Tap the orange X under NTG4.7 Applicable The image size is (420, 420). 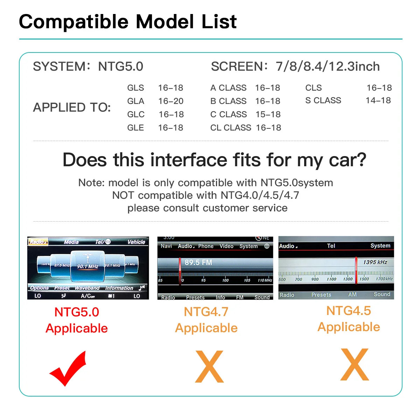coord(209,366)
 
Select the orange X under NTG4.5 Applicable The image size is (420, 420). coord(355,365)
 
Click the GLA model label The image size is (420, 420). coord(136,101)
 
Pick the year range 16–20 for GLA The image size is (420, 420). coord(171,101)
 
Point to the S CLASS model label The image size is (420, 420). coord(323,100)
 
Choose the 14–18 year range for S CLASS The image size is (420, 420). coord(378,100)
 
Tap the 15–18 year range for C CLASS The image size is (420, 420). coord(268,114)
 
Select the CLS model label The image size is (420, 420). coord(313,88)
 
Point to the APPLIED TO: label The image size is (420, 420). coord(72,107)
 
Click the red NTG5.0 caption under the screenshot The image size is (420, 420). coord(77,312)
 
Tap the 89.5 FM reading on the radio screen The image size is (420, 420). coord(198,262)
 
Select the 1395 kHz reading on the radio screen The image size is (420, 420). coord(375,262)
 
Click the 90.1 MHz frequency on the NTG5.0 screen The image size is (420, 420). coord(87,266)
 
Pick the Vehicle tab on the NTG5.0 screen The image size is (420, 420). coord(136,242)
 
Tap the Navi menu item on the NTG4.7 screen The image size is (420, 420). coord(166,246)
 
